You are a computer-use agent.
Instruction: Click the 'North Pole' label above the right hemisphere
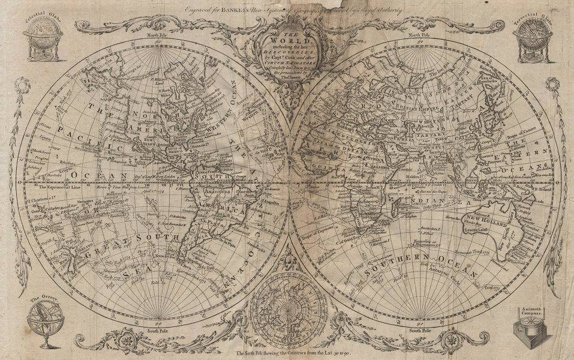click(419, 36)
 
